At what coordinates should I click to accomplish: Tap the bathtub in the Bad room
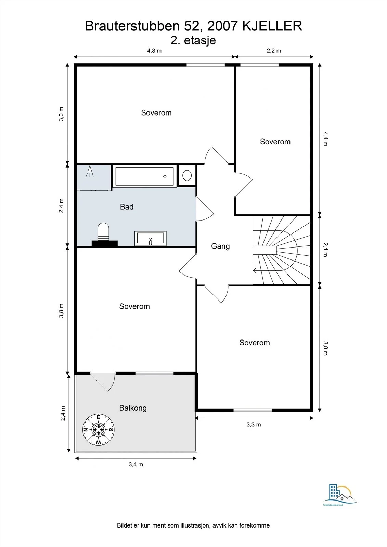coord(144,176)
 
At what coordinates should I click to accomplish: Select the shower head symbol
coord(90,171)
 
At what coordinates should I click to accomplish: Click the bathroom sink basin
coord(150,238)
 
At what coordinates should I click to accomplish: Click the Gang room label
coord(220,246)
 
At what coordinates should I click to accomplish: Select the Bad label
coord(127,207)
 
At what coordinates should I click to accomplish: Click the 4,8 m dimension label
coord(154,51)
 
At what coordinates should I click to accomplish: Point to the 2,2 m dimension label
coord(274,51)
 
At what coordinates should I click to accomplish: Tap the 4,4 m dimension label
coord(325,139)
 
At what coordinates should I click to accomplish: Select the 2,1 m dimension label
coord(325,250)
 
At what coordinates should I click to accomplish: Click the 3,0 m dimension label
coord(61,114)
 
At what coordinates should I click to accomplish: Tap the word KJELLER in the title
coord(272,26)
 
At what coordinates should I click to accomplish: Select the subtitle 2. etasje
coord(193,41)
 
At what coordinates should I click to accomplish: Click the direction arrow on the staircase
coord(255,270)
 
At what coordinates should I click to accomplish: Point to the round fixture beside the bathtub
coord(187,176)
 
